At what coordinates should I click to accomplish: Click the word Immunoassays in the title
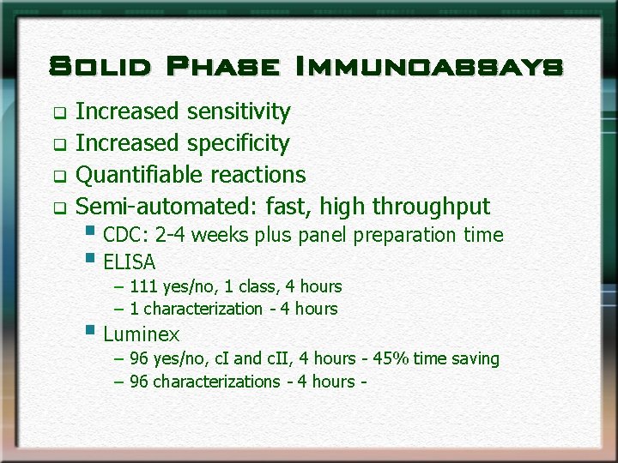428,66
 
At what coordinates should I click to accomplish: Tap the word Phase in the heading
222,66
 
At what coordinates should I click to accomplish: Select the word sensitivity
239,111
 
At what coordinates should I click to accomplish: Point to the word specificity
239,143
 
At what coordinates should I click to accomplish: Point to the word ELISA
129,262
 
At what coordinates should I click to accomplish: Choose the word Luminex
141,334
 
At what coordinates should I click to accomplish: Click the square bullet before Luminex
90,329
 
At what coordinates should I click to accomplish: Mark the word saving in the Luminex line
475,358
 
